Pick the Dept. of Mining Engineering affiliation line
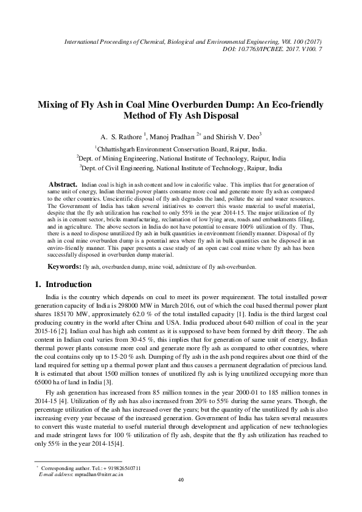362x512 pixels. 181,157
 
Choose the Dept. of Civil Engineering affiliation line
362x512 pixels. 181,167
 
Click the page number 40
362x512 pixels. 181,497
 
